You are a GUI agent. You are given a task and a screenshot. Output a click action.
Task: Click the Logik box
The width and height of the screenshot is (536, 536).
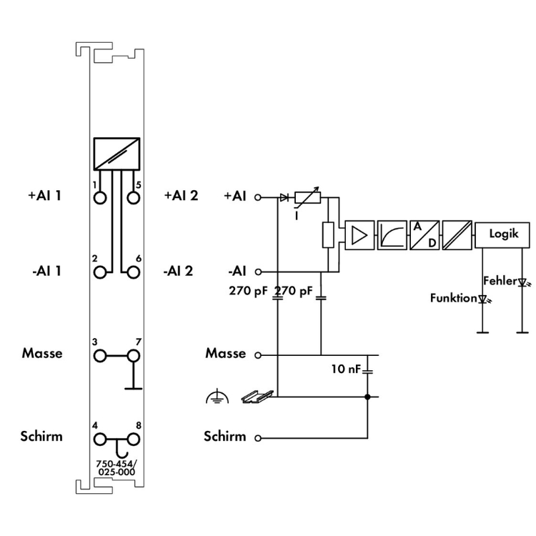[x=503, y=233]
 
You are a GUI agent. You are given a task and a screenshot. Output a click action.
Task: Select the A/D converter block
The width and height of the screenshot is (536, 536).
[x=425, y=233]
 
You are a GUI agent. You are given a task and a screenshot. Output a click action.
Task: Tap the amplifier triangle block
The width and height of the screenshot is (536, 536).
[x=359, y=233]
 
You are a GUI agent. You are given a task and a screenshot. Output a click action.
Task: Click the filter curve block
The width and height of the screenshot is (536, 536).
[x=392, y=233]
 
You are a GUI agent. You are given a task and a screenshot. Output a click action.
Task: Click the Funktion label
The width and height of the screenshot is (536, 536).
[x=452, y=298]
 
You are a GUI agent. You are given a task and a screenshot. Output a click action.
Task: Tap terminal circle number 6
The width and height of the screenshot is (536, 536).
[x=132, y=272]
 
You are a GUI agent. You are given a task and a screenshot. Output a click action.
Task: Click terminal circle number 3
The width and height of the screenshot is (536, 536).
[x=100, y=355]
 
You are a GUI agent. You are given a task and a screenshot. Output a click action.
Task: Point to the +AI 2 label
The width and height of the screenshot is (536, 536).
[x=180, y=195]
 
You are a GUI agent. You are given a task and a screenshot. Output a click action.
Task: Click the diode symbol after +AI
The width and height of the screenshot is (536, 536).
[x=284, y=195]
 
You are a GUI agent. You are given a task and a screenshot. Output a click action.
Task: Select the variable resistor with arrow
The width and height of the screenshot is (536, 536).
[x=307, y=195]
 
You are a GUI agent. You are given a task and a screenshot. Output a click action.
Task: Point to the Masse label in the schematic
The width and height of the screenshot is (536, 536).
[x=225, y=353]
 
